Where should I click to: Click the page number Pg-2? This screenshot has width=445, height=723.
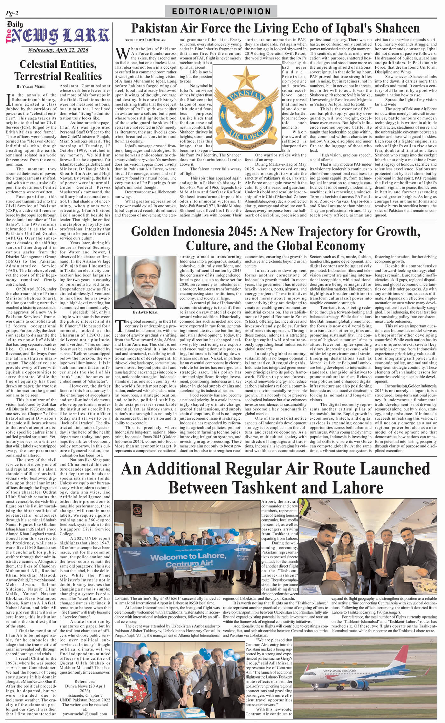pyautogui.click(x=12, y=13)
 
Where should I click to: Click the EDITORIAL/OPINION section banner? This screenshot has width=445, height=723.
pyautogui.click(x=221, y=12)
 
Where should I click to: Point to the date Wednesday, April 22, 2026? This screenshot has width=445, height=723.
pyautogui.click(x=58, y=50)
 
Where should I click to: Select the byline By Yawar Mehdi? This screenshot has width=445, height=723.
pyautogui.click(x=31, y=86)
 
